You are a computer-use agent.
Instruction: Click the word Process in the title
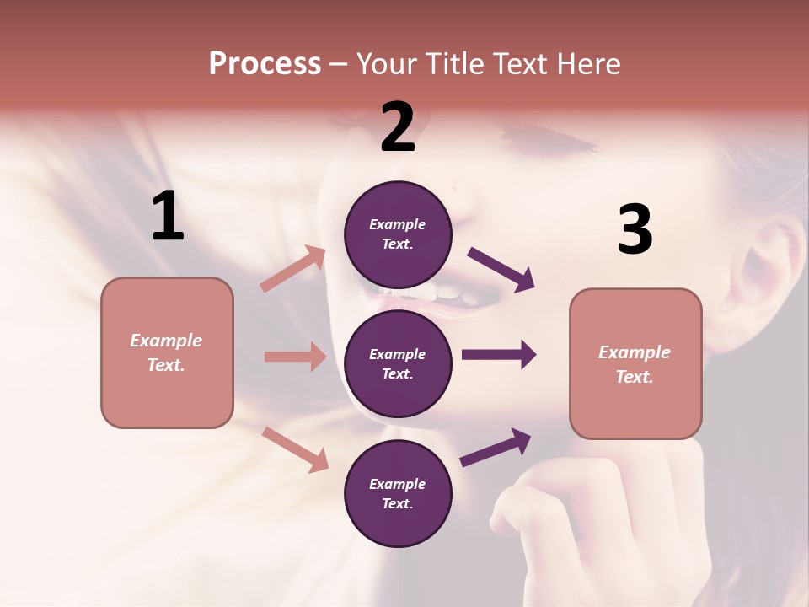coord(265,64)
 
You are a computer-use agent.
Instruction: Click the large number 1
coord(168,216)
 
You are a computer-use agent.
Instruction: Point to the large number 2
coord(398,127)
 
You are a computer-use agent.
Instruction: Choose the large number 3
coord(635,229)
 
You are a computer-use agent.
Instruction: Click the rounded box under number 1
coord(167,352)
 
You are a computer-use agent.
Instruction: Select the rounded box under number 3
coord(635,364)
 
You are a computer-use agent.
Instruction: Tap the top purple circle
coord(398,234)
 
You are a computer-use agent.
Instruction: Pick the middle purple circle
coord(398,363)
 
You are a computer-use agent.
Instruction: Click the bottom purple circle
coord(398,493)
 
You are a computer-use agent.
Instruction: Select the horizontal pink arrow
coord(295,357)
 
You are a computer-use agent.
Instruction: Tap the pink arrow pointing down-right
coord(295,449)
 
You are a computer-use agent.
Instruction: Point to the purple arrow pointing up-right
coord(496,447)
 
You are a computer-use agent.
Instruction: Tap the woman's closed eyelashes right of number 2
coord(539,134)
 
